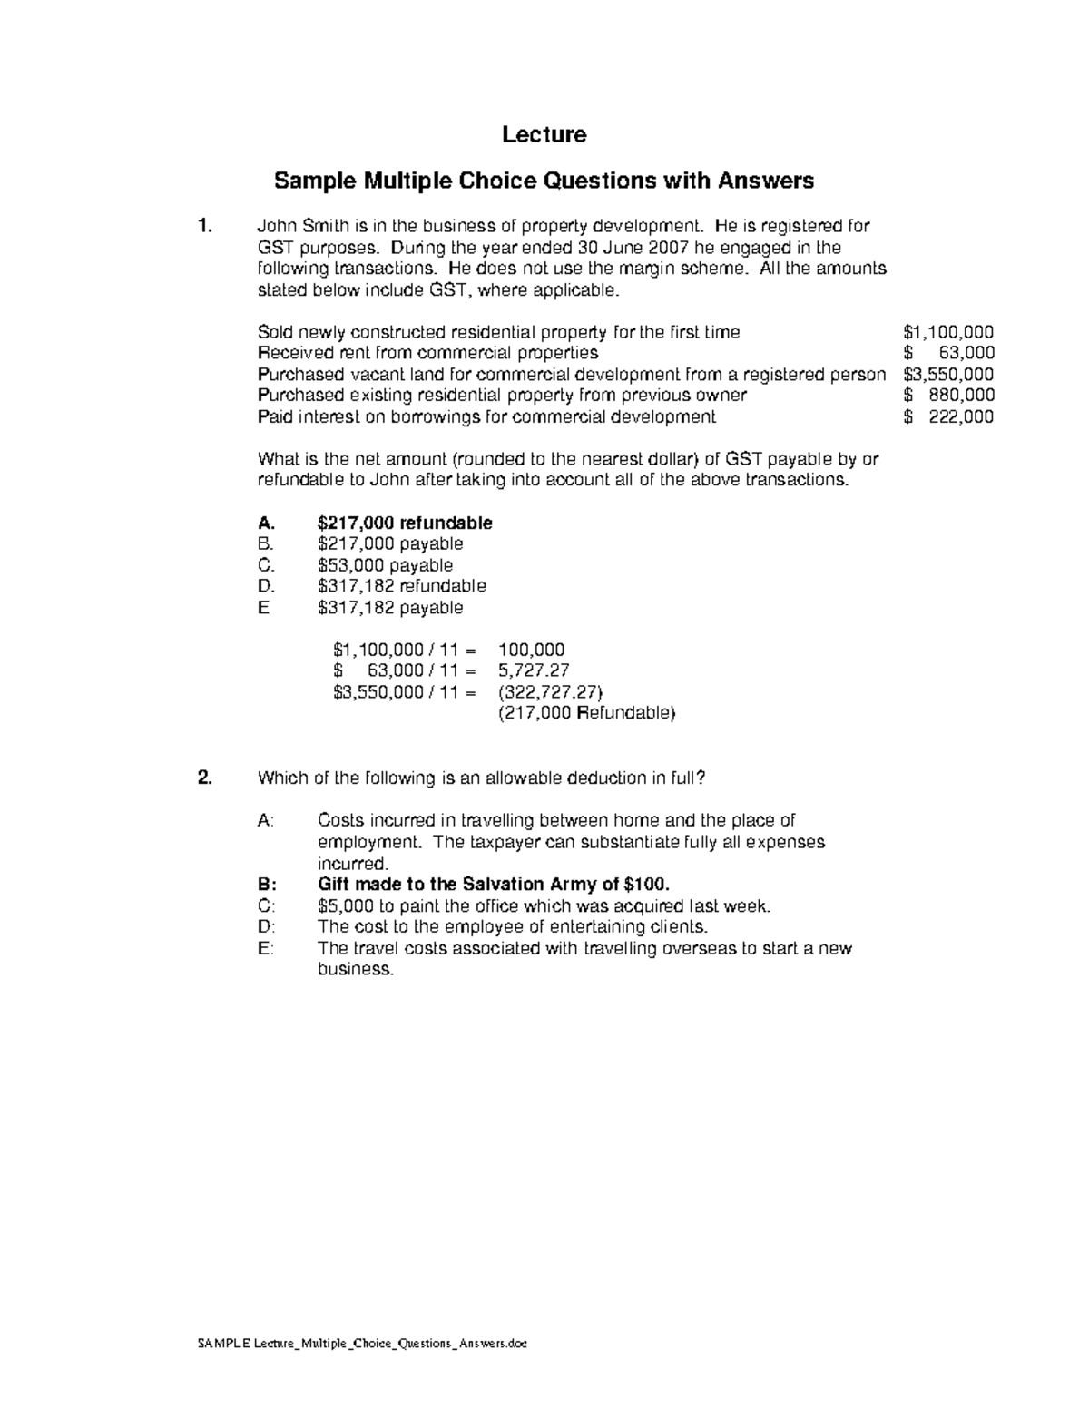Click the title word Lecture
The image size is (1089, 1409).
tap(544, 135)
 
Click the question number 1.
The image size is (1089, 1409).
tap(205, 226)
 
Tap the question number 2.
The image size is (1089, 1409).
tap(205, 778)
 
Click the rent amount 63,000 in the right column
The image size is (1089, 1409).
tap(965, 353)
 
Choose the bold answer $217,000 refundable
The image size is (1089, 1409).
tap(405, 523)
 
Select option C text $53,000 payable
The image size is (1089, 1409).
tap(385, 565)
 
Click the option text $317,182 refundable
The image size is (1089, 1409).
tap(401, 586)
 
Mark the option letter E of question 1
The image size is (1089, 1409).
tap(263, 608)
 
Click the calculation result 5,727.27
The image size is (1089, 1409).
tap(534, 671)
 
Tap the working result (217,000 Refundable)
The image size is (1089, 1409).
tap(587, 713)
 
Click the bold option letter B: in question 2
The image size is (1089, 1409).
tap(265, 885)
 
